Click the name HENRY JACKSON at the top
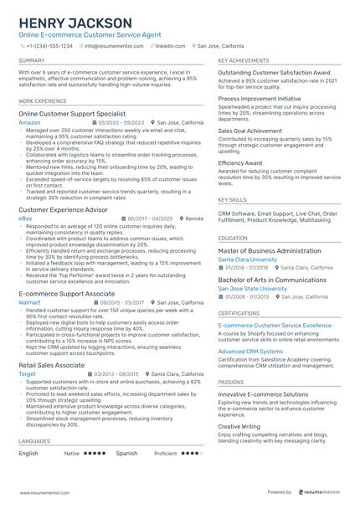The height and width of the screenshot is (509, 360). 75,23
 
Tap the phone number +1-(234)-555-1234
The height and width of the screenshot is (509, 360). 49,47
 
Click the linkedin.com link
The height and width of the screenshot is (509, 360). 170,47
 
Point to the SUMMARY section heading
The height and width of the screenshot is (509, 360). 32,61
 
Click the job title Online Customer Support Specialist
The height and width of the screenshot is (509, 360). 72,113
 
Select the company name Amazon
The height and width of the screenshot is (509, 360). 29,122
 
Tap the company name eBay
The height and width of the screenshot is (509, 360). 26,218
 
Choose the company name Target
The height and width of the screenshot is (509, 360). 27,373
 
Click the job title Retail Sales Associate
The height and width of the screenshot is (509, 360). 51,365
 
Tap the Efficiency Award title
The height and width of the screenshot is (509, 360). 240,162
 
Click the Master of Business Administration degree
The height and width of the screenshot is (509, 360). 270,250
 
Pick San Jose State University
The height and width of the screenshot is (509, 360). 252,288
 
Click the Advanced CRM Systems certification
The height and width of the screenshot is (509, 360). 250,351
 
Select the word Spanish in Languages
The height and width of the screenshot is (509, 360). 126,453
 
